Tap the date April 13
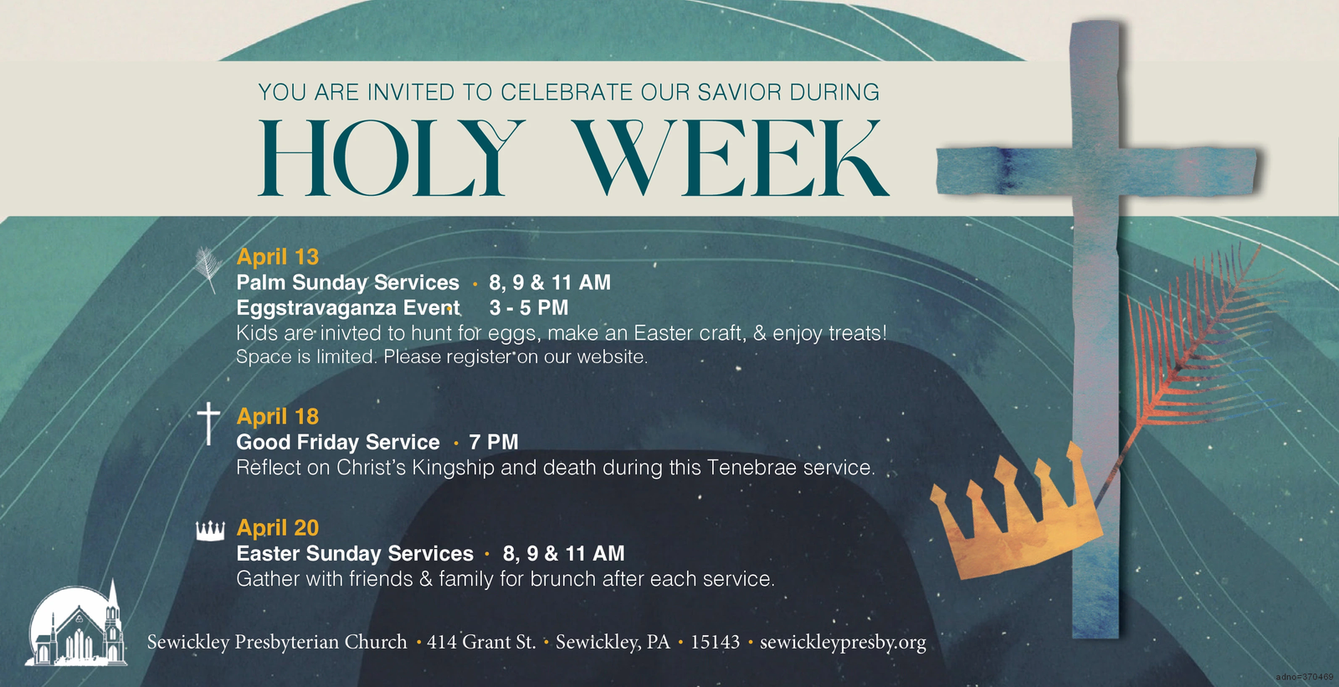coord(277,257)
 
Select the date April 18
coord(277,416)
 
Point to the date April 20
coord(277,527)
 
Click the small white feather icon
coord(207,269)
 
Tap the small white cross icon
coord(208,423)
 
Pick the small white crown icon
coord(210,531)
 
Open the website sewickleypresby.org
coord(843,642)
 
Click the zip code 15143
coord(715,642)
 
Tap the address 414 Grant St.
coord(481,642)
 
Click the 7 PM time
coord(494,442)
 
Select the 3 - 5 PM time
coord(528,307)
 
